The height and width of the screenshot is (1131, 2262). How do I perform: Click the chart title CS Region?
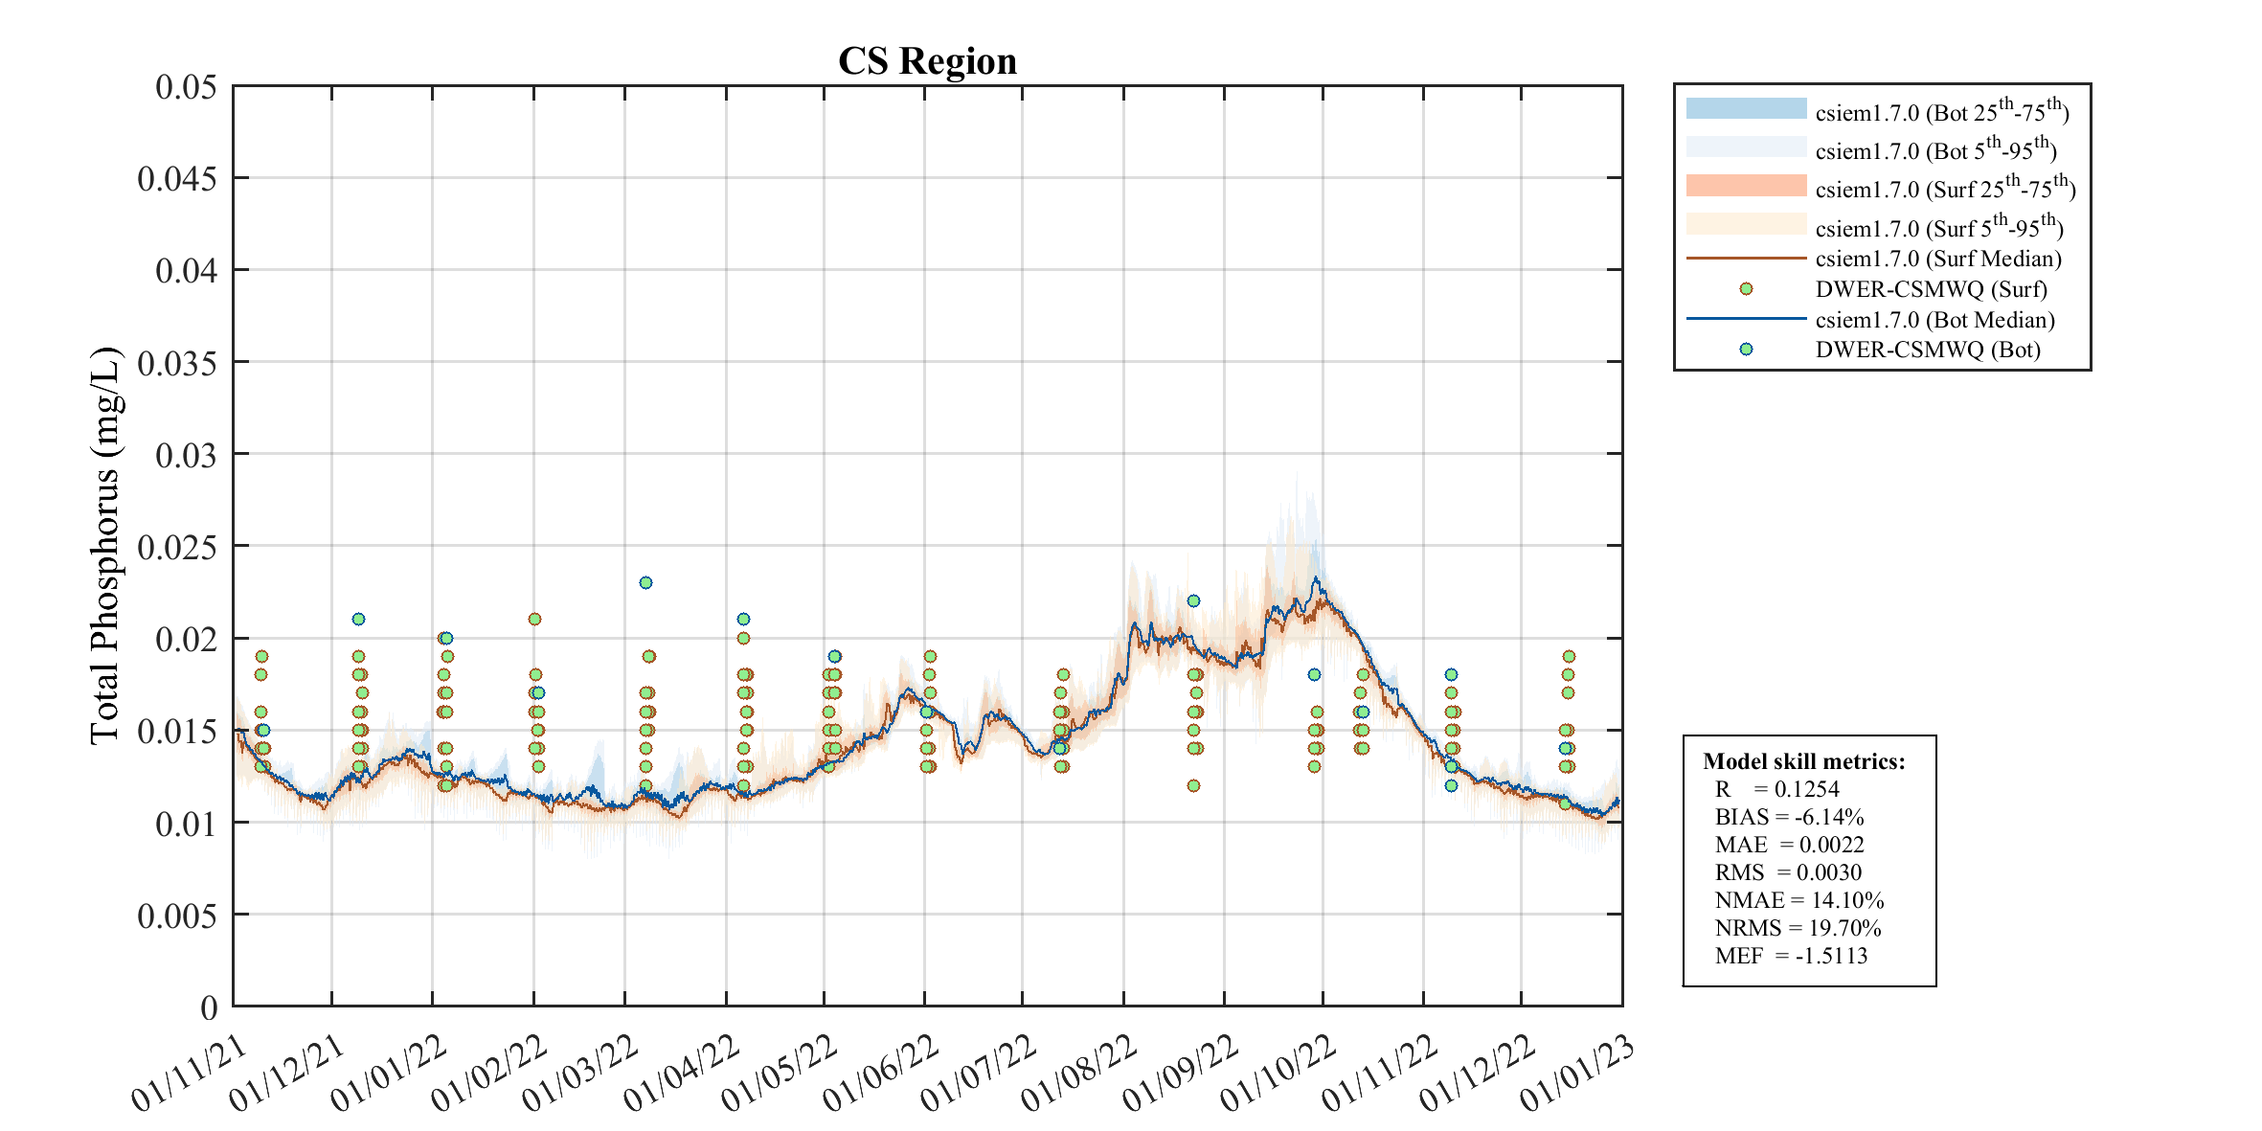point(927,61)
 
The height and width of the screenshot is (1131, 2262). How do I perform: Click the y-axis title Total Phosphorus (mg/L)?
point(104,546)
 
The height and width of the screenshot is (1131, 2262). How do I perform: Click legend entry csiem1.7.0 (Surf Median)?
point(1937,259)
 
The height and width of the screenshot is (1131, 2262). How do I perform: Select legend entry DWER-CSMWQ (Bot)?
point(1927,350)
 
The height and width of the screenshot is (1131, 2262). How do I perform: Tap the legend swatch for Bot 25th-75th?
point(1746,108)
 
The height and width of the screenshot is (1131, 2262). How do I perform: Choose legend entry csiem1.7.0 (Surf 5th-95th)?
point(1938,227)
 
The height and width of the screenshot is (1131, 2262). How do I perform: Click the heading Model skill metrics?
point(1803,761)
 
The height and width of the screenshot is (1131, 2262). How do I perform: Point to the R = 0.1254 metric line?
point(1776,789)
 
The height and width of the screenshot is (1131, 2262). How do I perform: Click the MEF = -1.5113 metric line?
point(1791,956)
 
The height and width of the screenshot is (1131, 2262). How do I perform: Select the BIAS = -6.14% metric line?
point(1789,817)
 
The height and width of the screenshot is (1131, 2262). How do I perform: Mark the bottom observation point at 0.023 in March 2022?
point(645,582)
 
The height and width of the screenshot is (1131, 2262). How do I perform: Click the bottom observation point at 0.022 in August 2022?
point(1193,600)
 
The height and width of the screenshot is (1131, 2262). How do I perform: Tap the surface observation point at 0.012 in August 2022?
point(1193,785)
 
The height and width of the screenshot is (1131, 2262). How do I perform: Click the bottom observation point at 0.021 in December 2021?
point(358,619)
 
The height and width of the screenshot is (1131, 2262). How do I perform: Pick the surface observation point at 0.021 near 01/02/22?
point(535,619)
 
